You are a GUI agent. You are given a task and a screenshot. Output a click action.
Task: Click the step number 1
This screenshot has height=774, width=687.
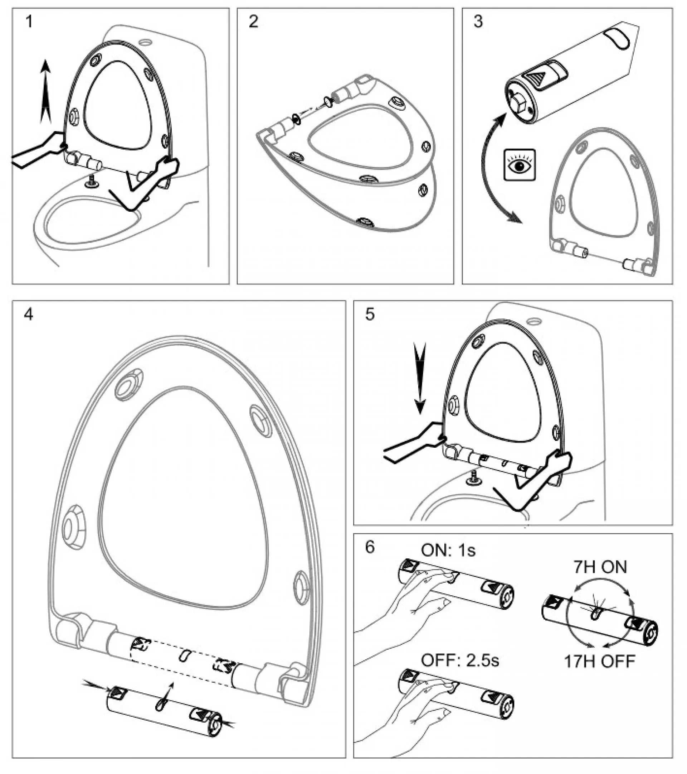29,21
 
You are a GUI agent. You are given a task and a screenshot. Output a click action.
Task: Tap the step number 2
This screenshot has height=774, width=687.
253,21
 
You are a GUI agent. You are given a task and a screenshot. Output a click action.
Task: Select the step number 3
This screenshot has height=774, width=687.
478,21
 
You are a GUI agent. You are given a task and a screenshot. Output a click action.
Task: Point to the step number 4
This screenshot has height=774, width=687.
29,314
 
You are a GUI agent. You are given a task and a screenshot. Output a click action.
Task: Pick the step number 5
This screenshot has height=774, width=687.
370,314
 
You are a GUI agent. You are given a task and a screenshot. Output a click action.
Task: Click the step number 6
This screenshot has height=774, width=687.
370,547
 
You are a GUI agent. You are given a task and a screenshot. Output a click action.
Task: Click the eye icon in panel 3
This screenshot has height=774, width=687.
520,164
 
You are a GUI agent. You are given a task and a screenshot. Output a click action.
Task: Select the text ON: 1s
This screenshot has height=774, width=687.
448,550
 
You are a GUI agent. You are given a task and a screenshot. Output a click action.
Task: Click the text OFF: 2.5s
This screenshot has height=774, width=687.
460,660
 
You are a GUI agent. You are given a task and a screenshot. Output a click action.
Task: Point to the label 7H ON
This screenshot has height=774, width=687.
600,567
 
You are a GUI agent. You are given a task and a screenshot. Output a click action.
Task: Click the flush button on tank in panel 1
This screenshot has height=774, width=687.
145,40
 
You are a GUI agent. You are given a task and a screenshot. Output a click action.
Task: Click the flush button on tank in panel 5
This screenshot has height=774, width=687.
534,322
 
